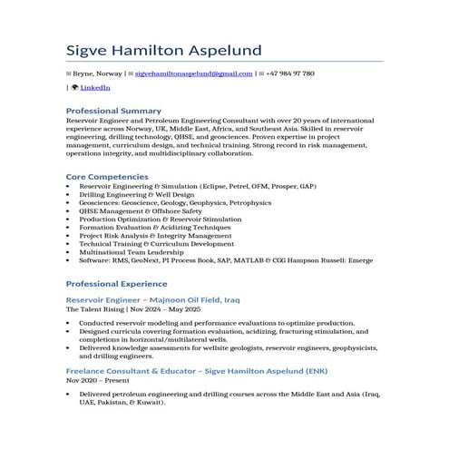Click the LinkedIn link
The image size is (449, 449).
95,87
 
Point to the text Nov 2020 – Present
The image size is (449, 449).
99,382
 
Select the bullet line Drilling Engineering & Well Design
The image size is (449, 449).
137,194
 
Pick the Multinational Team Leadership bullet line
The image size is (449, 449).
132,251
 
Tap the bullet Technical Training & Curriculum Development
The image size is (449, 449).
156,243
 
